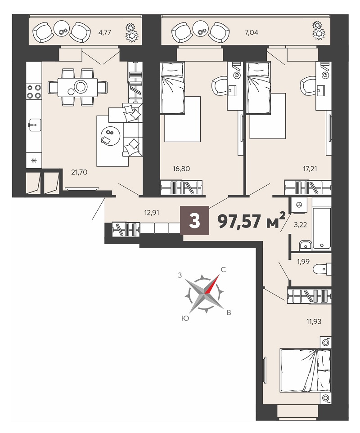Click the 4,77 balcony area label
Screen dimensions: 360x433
click(x=105, y=32)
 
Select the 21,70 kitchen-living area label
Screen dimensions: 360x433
click(x=79, y=172)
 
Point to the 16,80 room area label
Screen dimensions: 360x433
click(x=181, y=169)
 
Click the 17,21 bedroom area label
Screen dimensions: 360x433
click(x=310, y=169)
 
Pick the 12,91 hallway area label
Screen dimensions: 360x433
click(x=152, y=213)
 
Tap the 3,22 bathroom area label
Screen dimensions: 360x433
click(x=300, y=225)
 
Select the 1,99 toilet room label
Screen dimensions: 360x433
click(x=303, y=262)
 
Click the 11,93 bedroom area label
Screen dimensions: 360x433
click(x=314, y=321)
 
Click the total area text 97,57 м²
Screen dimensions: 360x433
click(x=252, y=221)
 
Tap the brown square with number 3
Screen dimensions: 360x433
click(x=194, y=221)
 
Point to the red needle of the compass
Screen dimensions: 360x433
click(x=211, y=284)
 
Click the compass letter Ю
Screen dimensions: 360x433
click(x=185, y=318)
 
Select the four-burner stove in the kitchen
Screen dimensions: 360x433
click(x=34, y=92)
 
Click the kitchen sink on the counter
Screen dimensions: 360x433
click(x=34, y=125)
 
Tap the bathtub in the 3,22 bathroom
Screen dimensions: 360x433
click(x=321, y=229)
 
